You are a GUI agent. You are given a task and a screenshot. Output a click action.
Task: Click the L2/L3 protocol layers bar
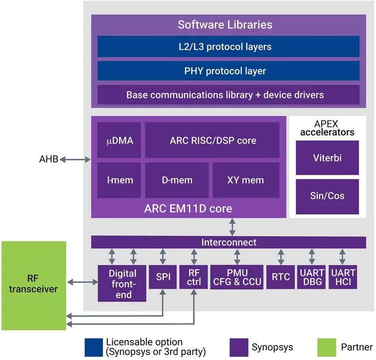click(228, 46)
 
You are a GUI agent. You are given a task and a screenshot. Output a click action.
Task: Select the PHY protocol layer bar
click(228, 71)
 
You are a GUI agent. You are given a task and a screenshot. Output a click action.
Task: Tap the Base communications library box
click(228, 95)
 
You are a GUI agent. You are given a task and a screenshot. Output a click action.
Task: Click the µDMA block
click(119, 140)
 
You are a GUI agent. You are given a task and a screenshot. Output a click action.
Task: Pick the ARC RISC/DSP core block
click(212, 140)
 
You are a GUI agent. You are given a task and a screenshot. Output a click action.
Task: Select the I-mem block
click(119, 180)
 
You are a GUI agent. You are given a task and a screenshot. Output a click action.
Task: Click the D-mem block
click(176, 180)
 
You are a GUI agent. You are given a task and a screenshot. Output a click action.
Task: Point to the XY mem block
click(246, 180)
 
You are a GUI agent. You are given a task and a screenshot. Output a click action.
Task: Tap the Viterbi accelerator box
click(327, 158)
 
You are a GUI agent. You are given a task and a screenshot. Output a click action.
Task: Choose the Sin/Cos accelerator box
click(327, 195)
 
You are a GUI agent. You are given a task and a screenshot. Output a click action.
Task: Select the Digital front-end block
click(122, 283)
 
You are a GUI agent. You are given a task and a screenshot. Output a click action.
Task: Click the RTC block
click(280, 277)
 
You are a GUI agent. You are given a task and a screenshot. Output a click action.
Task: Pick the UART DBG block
click(312, 277)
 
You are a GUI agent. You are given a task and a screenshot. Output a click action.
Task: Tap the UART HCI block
click(342, 277)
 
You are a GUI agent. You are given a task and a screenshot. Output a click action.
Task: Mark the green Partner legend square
click(326, 348)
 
